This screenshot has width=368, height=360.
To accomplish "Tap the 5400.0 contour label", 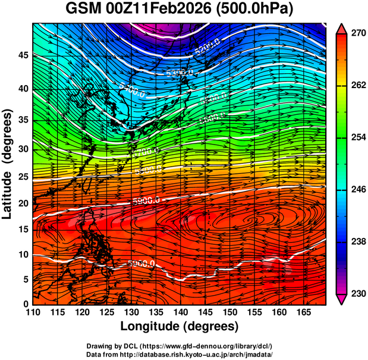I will pos(131,90).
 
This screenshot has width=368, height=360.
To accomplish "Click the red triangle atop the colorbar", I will pos(341,28).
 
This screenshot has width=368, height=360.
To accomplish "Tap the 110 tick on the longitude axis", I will pos(33,313).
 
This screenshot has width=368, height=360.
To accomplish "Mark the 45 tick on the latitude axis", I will pos(22,55).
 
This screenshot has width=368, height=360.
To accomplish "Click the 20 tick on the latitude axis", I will pos(22,203).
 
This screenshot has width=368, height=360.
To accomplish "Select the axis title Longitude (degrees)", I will pos(180,327).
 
